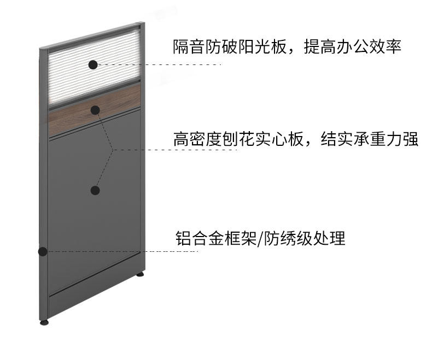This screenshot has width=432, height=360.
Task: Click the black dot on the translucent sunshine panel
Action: click(x=93, y=64)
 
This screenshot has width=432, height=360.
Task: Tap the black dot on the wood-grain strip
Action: click(x=95, y=110)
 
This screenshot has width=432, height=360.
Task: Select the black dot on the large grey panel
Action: click(x=95, y=190)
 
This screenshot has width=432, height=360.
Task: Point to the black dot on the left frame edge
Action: click(x=42, y=251)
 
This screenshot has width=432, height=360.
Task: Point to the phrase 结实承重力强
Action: click(x=369, y=139)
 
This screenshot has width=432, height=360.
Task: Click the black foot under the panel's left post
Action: click(x=44, y=322)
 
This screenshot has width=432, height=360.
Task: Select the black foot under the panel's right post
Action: click(x=140, y=274)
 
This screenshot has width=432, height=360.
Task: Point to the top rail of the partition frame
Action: click(x=93, y=37)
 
